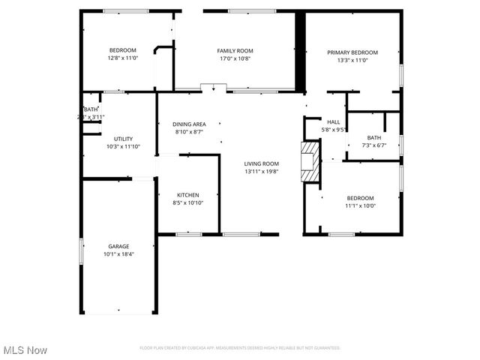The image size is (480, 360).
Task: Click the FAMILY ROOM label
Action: [234, 50]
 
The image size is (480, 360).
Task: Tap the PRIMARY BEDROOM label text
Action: [352, 52]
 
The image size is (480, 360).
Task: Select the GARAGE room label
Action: [118, 246]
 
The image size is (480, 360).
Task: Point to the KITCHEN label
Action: [187, 194]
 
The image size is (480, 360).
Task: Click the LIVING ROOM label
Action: [261, 163]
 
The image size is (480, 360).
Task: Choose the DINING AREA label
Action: [189, 124]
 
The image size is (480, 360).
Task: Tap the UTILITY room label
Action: [123, 139]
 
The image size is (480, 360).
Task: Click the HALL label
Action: [333, 121]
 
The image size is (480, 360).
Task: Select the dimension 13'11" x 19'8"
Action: [261, 171]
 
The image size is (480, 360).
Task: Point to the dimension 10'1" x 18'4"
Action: [118, 253]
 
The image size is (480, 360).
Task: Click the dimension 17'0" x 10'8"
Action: [234, 58]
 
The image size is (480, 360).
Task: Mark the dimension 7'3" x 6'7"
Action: [373, 145]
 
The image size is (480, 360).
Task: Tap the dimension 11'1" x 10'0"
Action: [360, 205]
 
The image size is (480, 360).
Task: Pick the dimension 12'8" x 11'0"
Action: [123, 58]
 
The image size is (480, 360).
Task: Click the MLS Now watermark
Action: [25, 350]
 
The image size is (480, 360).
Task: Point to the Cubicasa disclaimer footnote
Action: [240, 348]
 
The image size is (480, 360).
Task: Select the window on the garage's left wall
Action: [82, 250]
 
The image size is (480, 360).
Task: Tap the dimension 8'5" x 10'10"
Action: [187, 202]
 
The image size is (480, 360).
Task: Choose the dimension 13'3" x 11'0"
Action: [352, 61]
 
